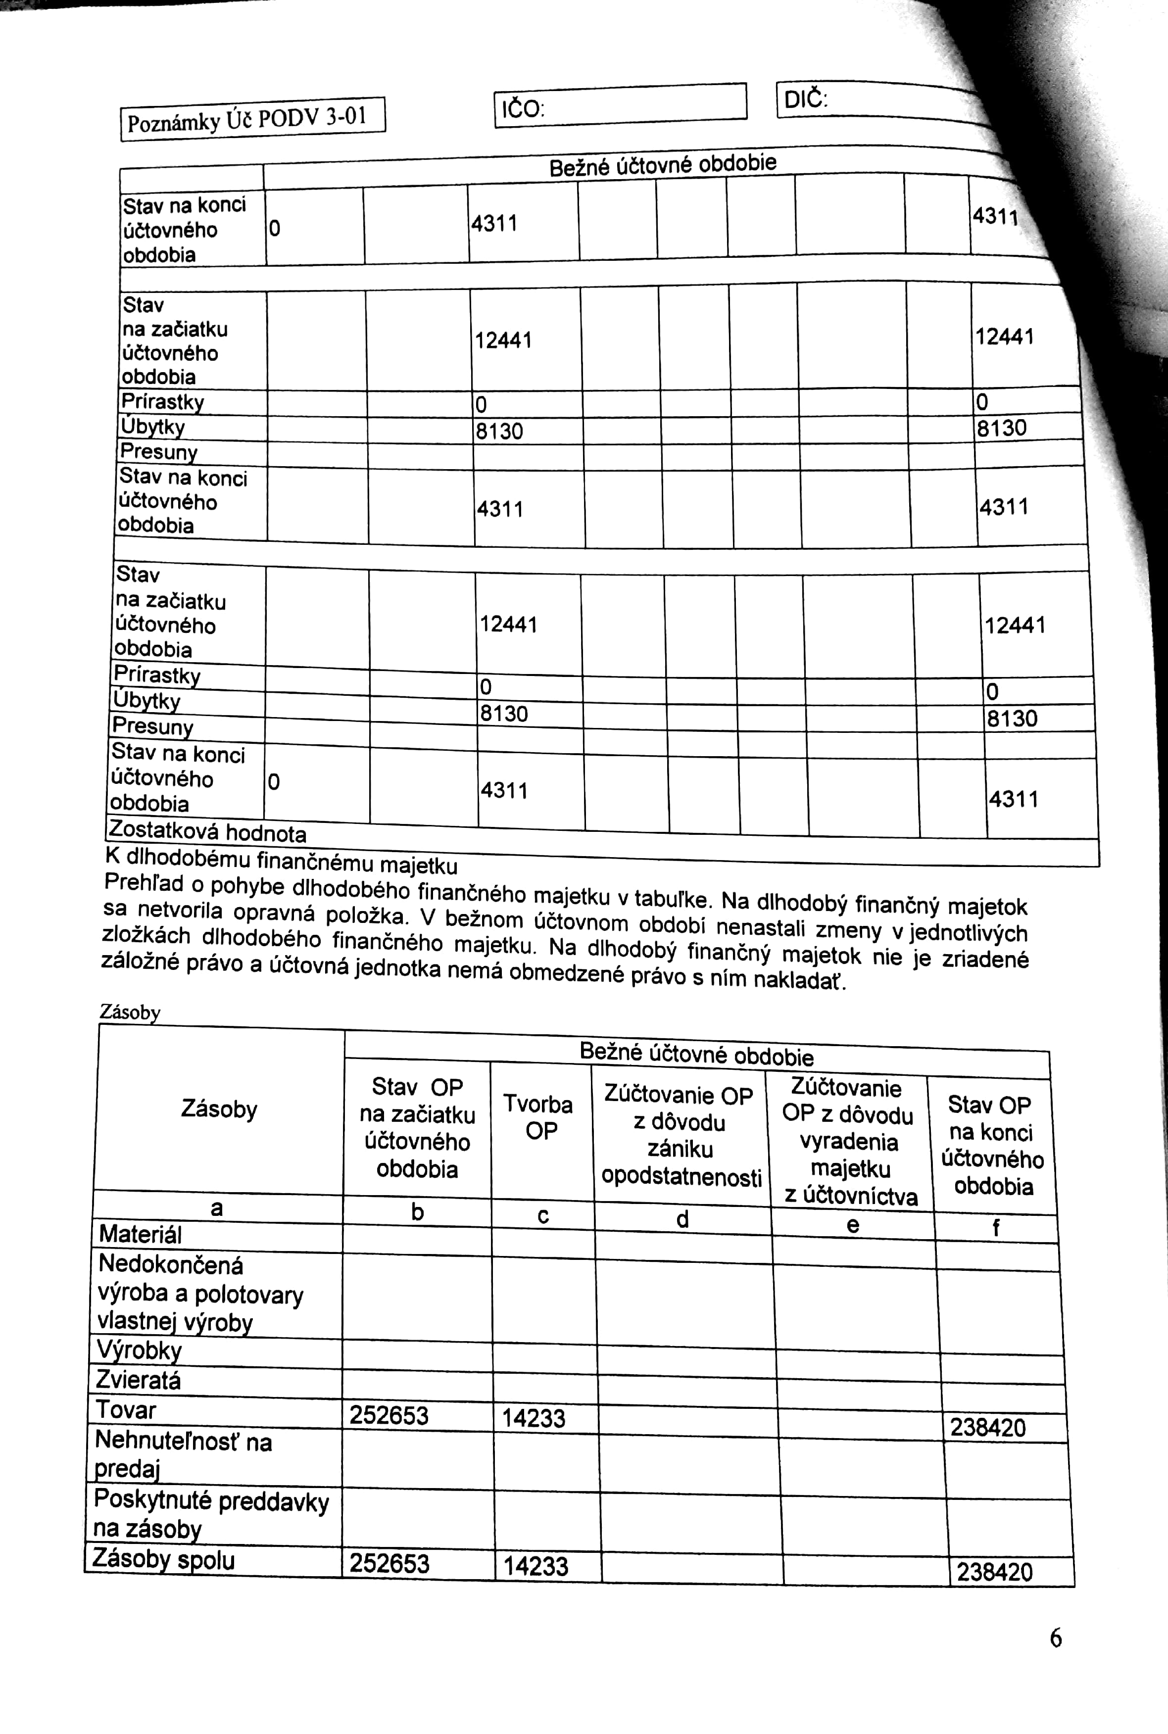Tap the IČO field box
pyautogui.click(x=620, y=105)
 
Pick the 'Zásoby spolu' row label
pyautogui.click(x=163, y=1560)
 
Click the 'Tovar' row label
pyautogui.click(x=126, y=1410)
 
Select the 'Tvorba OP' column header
pyautogui.click(x=538, y=1117)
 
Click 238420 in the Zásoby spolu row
pyautogui.click(x=994, y=1572)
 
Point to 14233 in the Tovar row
pyautogui.click(x=534, y=1417)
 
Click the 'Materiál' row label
pyautogui.click(x=140, y=1234)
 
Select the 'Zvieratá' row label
pyautogui.click(x=139, y=1380)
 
